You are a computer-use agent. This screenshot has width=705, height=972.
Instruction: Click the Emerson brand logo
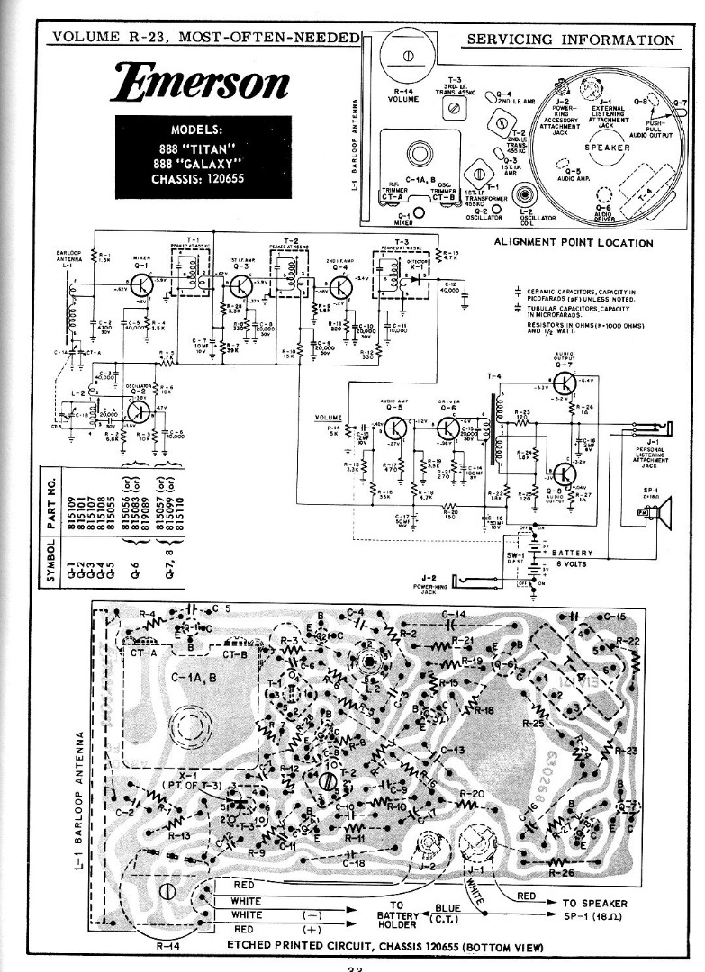[201, 82]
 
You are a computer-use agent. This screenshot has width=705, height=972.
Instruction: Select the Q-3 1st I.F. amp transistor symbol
[240, 286]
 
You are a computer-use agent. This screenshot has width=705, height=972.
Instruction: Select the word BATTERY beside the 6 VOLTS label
[573, 552]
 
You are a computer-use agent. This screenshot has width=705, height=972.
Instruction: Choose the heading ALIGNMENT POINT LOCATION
[574, 243]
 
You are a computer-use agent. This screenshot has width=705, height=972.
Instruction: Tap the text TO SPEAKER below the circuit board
[595, 903]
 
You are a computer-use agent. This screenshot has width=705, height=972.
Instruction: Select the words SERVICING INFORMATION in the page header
[572, 40]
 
